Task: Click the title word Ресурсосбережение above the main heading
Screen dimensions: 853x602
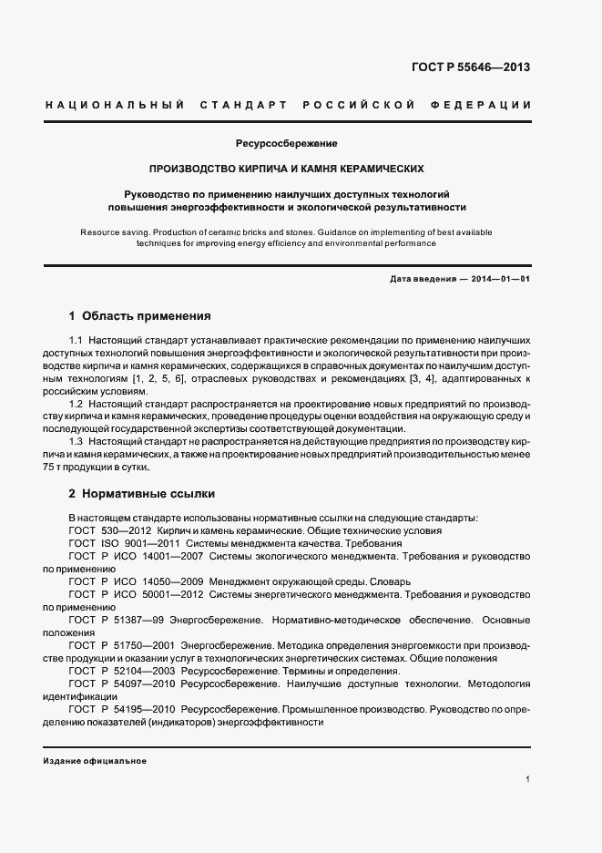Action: pos(287,144)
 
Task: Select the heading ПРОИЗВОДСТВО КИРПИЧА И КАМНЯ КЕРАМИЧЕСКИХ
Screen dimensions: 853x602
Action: pos(287,170)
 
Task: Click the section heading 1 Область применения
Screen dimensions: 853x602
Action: pos(140,317)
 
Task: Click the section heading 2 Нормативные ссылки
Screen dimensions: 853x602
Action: pos(142,494)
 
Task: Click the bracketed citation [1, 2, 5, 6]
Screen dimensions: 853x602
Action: pos(157,378)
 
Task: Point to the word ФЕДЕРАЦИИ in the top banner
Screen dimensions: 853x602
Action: pos(487,105)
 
